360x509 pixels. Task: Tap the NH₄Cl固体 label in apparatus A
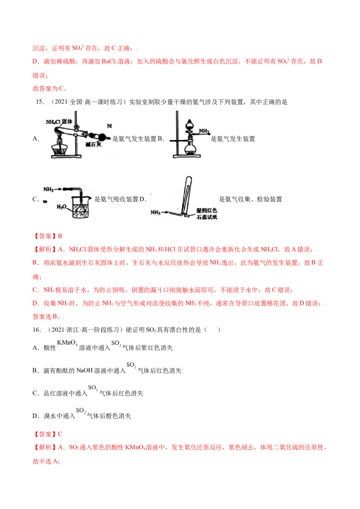point(59,122)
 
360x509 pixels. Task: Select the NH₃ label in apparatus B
point(204,131)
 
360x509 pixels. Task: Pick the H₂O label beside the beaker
point(61,207)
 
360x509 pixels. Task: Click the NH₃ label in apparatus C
point(49,189)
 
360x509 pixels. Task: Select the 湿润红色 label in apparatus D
point(207,210)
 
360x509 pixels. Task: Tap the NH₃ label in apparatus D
point(155,212)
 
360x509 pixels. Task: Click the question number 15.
point(40,102)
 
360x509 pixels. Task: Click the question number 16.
point(36,330)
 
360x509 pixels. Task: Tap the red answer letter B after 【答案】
point(60,236)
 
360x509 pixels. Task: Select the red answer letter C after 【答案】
point(60,434)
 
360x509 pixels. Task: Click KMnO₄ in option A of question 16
point(67,343)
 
